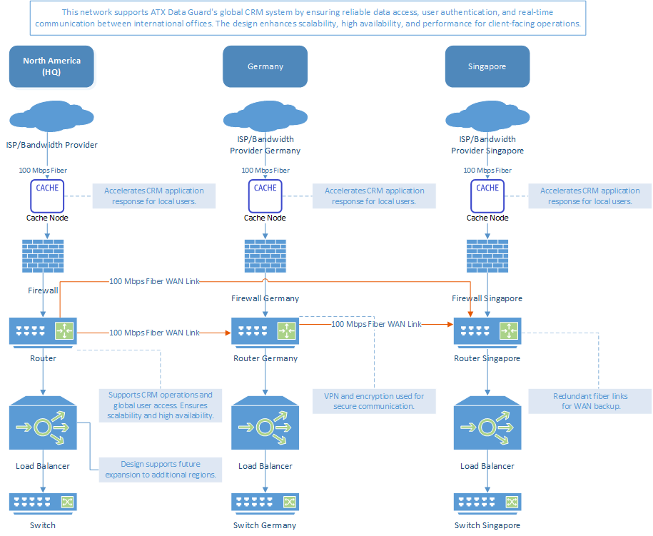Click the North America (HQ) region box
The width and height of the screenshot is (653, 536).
pos(51,66)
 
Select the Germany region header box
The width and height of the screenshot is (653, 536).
pos(265,66)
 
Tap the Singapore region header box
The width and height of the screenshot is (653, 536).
pos(487,66)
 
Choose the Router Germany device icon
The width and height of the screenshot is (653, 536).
pos(265,332)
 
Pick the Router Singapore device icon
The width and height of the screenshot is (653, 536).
pos(487,332)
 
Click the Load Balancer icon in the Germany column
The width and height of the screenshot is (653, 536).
pos(265,426)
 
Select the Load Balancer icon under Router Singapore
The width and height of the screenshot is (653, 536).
pos(487,426)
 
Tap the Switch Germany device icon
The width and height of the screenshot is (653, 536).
pos(265,502)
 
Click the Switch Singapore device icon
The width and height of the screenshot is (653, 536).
pos(487,502)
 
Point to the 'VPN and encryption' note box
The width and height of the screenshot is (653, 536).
pos(374,401)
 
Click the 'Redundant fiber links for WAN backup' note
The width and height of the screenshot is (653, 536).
pos(590,401)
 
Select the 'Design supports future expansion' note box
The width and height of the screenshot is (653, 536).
pos(161,469)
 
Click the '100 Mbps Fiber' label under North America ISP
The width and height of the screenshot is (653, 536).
pos(44,171)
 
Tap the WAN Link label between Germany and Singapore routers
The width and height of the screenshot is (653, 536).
pos(376,324)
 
